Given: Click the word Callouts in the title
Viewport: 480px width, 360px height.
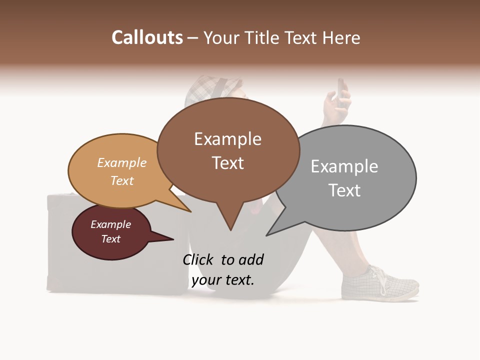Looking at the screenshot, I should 147,37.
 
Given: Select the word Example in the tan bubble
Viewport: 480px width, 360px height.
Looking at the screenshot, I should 122,163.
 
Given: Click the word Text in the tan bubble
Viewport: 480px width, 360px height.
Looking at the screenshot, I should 122,180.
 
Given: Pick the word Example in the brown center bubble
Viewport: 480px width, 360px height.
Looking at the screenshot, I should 227,139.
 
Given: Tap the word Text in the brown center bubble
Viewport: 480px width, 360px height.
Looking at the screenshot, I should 228,163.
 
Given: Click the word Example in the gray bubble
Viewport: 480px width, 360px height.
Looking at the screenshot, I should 344,166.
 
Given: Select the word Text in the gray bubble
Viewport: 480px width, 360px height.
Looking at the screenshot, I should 344,190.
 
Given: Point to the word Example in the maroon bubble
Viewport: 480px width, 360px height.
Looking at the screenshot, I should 111,224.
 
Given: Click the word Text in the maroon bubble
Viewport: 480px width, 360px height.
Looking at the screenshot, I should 111,239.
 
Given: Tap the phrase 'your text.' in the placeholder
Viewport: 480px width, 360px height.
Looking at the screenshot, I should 223,280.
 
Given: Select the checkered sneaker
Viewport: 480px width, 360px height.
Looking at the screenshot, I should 379,283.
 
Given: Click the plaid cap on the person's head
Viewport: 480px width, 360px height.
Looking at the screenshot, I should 212,87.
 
